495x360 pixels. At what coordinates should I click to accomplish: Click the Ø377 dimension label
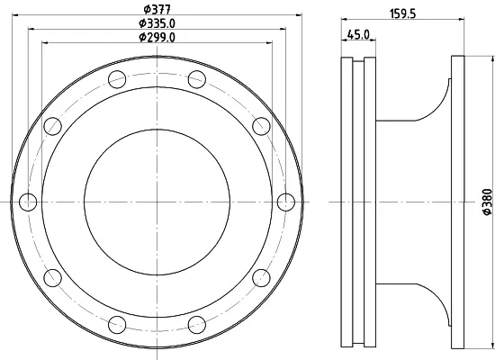tap(157, 9)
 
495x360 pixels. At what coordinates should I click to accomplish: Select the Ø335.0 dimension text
tap(157, 23)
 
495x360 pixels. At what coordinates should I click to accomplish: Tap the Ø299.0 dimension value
tap(157, 37)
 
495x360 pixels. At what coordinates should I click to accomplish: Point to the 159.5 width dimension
tap(403, 13)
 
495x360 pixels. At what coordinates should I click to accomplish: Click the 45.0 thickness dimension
tap(358, 34)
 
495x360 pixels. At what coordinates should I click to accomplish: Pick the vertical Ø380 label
tap(488, 202)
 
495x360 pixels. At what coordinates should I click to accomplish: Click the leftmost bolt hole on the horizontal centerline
tap(28, 202)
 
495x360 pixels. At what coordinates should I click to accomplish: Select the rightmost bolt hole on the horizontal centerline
tap(286, 202)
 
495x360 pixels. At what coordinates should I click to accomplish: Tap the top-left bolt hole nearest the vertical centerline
tap(117, 79)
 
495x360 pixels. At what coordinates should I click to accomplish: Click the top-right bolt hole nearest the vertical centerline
tap(197, 79)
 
